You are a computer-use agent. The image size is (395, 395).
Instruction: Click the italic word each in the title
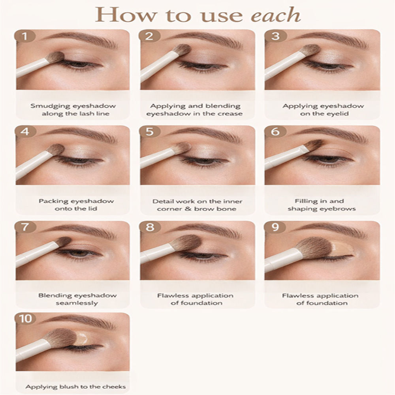(276, 15)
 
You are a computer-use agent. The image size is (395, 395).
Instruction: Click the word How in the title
(126, 15)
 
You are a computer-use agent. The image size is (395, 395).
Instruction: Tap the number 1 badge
(24, 36)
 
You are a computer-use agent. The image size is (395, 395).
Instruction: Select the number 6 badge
(275, 132)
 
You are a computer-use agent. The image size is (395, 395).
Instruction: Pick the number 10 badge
(25, 319)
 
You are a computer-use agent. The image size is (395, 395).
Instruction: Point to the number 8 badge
(150, 227)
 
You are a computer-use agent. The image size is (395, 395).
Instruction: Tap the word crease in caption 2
(230, 114)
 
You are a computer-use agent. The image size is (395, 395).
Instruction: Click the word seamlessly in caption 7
(77, 303)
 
